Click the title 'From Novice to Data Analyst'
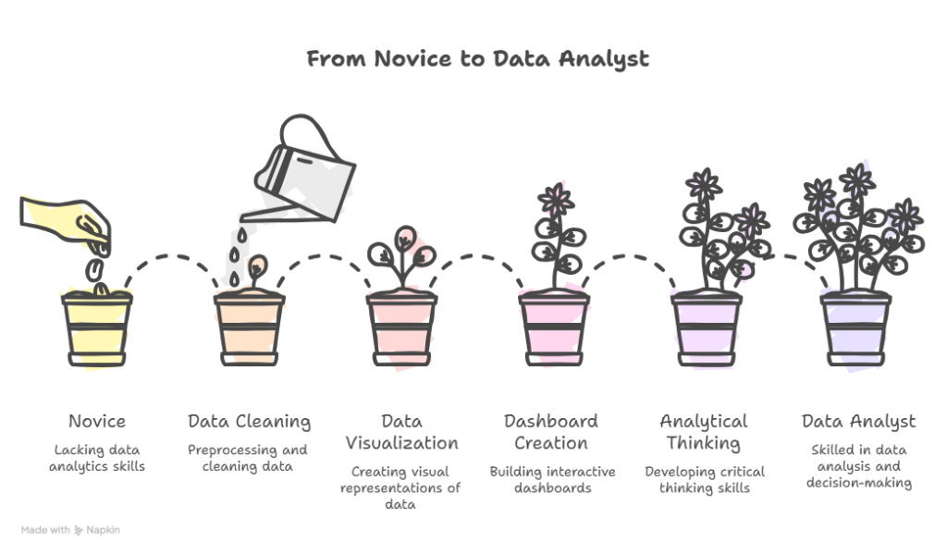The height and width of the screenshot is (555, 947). pos(478,59)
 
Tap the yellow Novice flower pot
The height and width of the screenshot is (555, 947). pos(96,328)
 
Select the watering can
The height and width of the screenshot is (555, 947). pos(299,168)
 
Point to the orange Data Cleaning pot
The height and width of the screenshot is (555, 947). pos(249,328)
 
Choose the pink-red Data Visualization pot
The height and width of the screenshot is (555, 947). pos(401,328)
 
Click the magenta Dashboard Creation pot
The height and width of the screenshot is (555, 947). pos(554,328)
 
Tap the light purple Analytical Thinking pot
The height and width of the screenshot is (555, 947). pos(707,328)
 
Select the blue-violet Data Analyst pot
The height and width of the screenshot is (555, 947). pos(855,328)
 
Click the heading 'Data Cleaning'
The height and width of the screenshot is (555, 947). pos(249,422)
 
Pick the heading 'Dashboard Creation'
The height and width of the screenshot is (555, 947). pos(551,432)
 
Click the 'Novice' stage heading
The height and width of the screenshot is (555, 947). pos(96,421)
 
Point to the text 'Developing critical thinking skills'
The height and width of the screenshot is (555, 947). pos(705,479)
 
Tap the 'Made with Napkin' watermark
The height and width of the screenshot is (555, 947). pos(70,530)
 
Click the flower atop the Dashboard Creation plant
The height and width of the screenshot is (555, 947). pos(556,200)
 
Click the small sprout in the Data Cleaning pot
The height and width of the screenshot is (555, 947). pos(257,271)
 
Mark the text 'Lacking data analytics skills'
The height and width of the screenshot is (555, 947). pos(96,458)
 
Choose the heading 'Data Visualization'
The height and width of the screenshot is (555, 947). pos(401,432)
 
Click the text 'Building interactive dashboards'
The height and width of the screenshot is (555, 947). pos(553,479)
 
